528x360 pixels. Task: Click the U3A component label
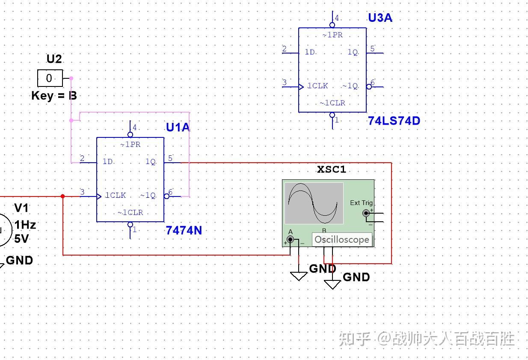point(380,18)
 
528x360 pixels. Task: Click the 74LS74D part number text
point(394,121)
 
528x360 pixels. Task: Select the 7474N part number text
point(184,231)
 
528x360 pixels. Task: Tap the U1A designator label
point(178,127)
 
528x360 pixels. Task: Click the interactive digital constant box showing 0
point(50,78)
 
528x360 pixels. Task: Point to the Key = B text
point(54,95)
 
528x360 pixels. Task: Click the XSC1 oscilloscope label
point(331,169)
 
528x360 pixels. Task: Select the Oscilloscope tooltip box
point(341,240)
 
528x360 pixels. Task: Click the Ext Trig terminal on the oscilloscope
point(366,213)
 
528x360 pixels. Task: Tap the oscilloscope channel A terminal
point(291,240)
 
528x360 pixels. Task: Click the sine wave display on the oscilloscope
point(314,203)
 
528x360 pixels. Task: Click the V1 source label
point(21,208)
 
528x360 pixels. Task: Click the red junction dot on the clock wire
point(63,196)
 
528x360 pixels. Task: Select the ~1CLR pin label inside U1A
point(130,213)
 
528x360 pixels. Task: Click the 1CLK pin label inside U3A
point(317,86)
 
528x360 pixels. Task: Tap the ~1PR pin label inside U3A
point(332,35)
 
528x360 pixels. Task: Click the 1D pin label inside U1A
point(107,162)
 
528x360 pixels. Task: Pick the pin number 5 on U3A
point(372,49)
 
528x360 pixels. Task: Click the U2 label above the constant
point(54,59)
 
